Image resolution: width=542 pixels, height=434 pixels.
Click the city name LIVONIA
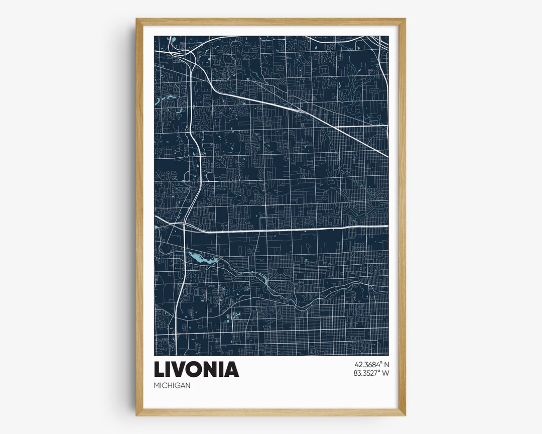196,369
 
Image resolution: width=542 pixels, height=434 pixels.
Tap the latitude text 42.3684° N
371,364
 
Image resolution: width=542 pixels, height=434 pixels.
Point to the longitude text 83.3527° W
371,373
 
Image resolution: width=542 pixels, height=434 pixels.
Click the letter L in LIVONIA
160,369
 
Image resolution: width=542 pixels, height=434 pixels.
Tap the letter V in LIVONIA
180,369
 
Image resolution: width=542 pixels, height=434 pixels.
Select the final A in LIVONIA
232,369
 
